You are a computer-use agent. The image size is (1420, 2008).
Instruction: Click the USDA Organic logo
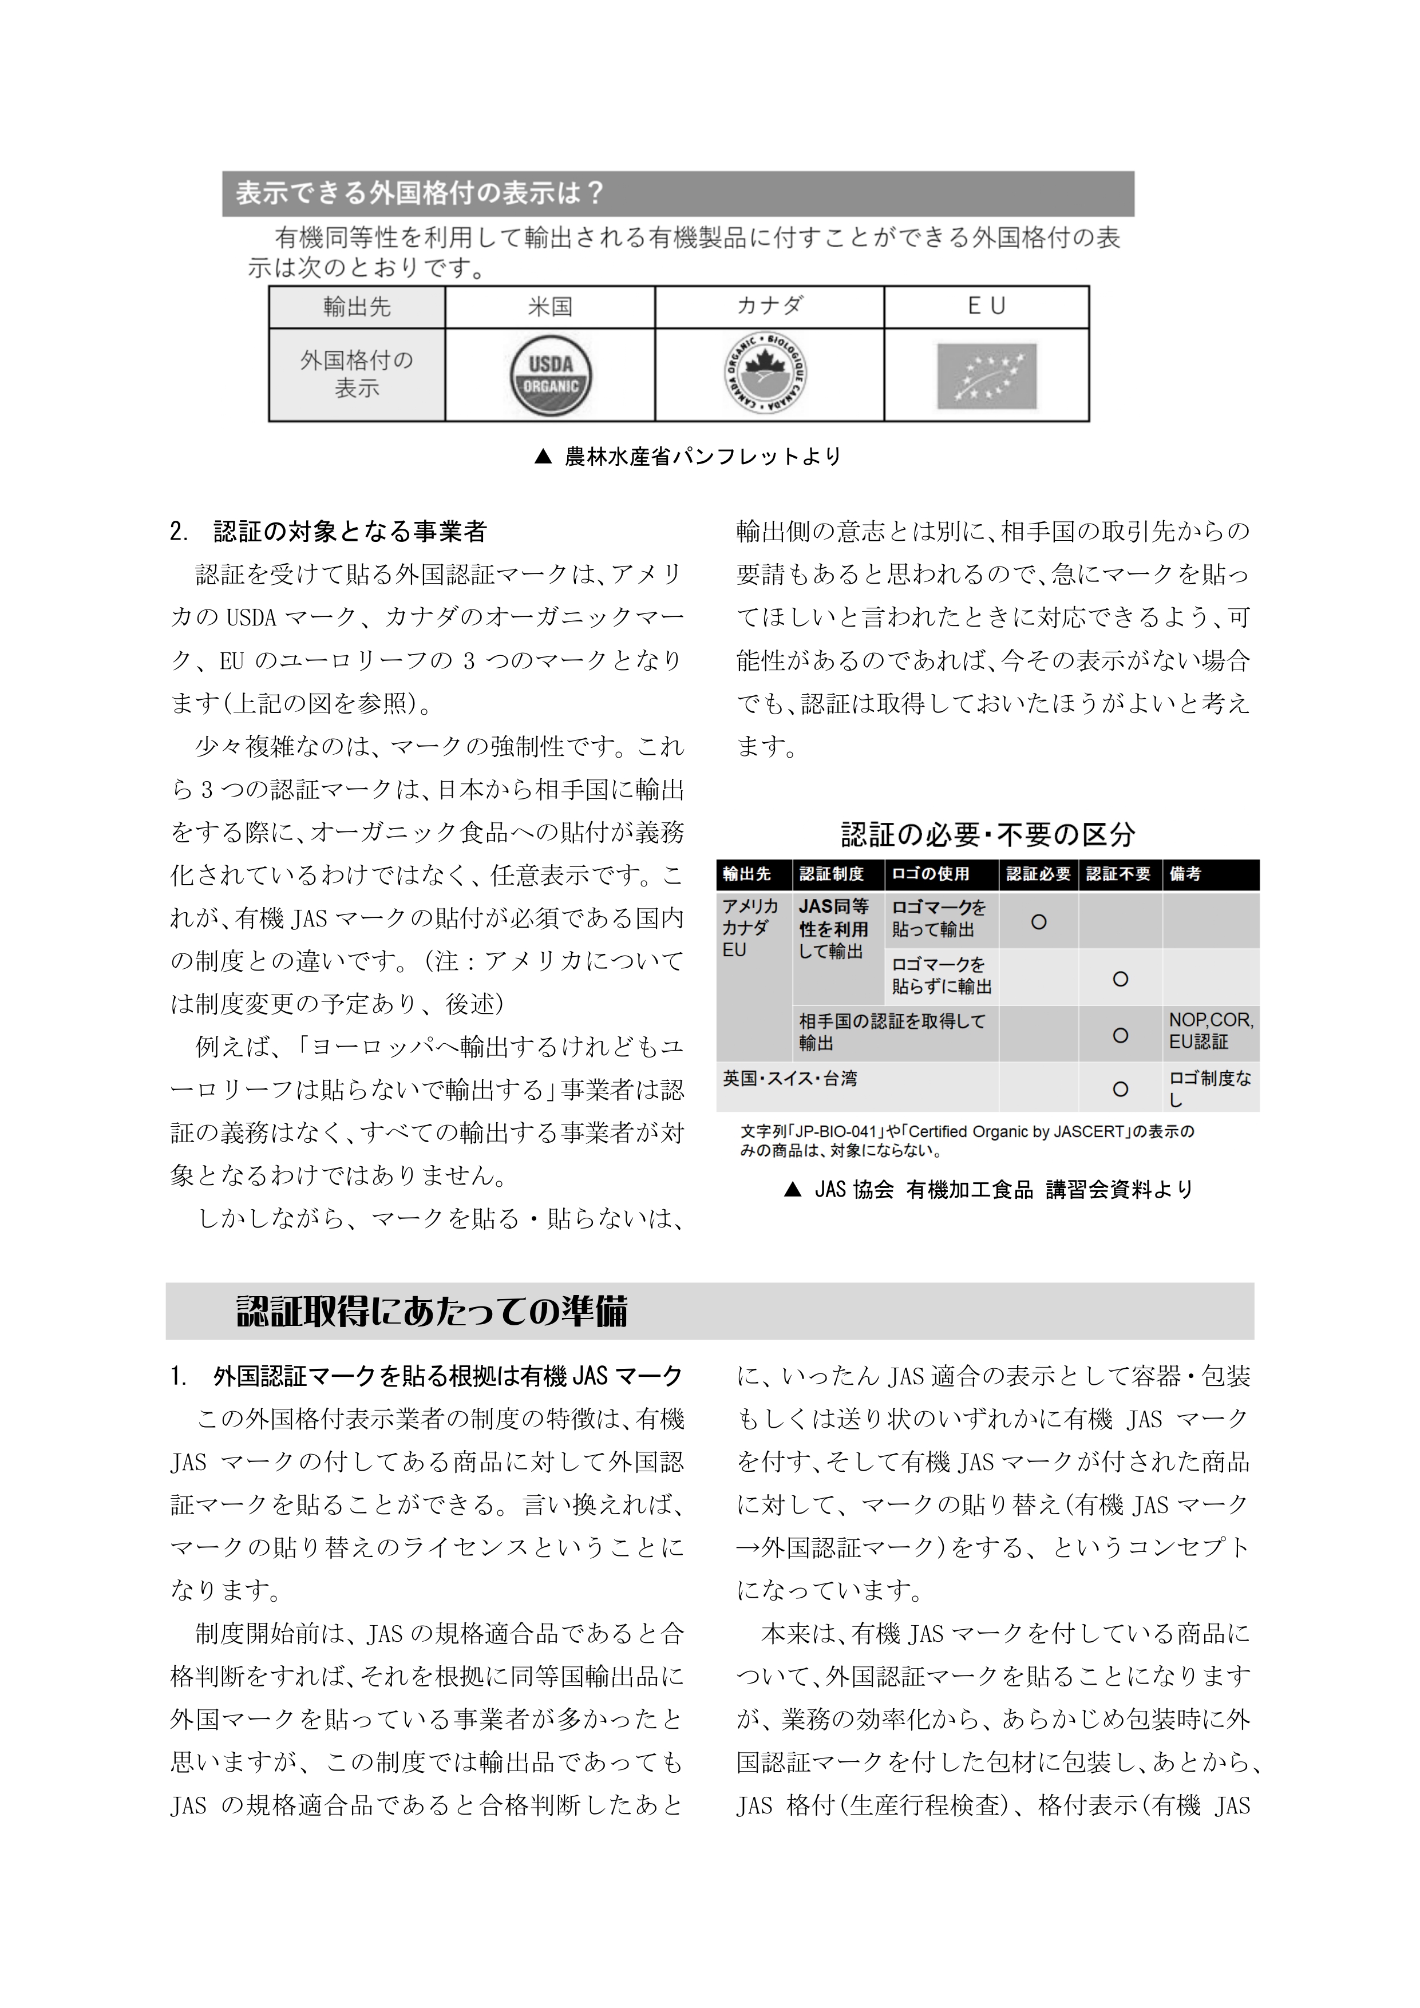(x=551, y=376)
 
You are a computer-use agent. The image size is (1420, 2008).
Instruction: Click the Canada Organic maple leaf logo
(x=766, y=374)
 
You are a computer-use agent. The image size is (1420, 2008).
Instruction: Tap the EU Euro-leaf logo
(x=986, y=376)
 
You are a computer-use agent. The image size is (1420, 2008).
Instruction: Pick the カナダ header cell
(x=769, y=307)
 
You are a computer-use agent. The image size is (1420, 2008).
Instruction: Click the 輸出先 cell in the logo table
(x=357, y=307)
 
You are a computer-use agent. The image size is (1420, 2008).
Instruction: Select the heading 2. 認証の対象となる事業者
(x=329, y=532)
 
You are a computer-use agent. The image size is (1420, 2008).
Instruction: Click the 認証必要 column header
(x=1038, y=874)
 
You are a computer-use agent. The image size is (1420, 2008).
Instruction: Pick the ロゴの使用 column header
(x=930, y=874)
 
